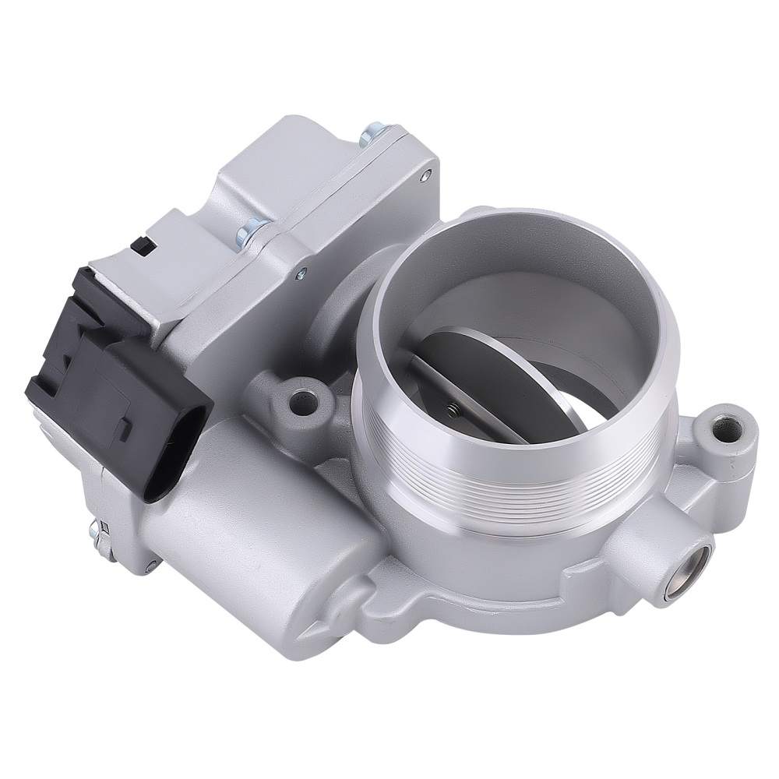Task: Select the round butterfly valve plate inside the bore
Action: click(x=499, y=374)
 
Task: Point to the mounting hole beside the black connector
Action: click(x=304, y=402)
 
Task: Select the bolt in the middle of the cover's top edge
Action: click(x=254, y=229)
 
